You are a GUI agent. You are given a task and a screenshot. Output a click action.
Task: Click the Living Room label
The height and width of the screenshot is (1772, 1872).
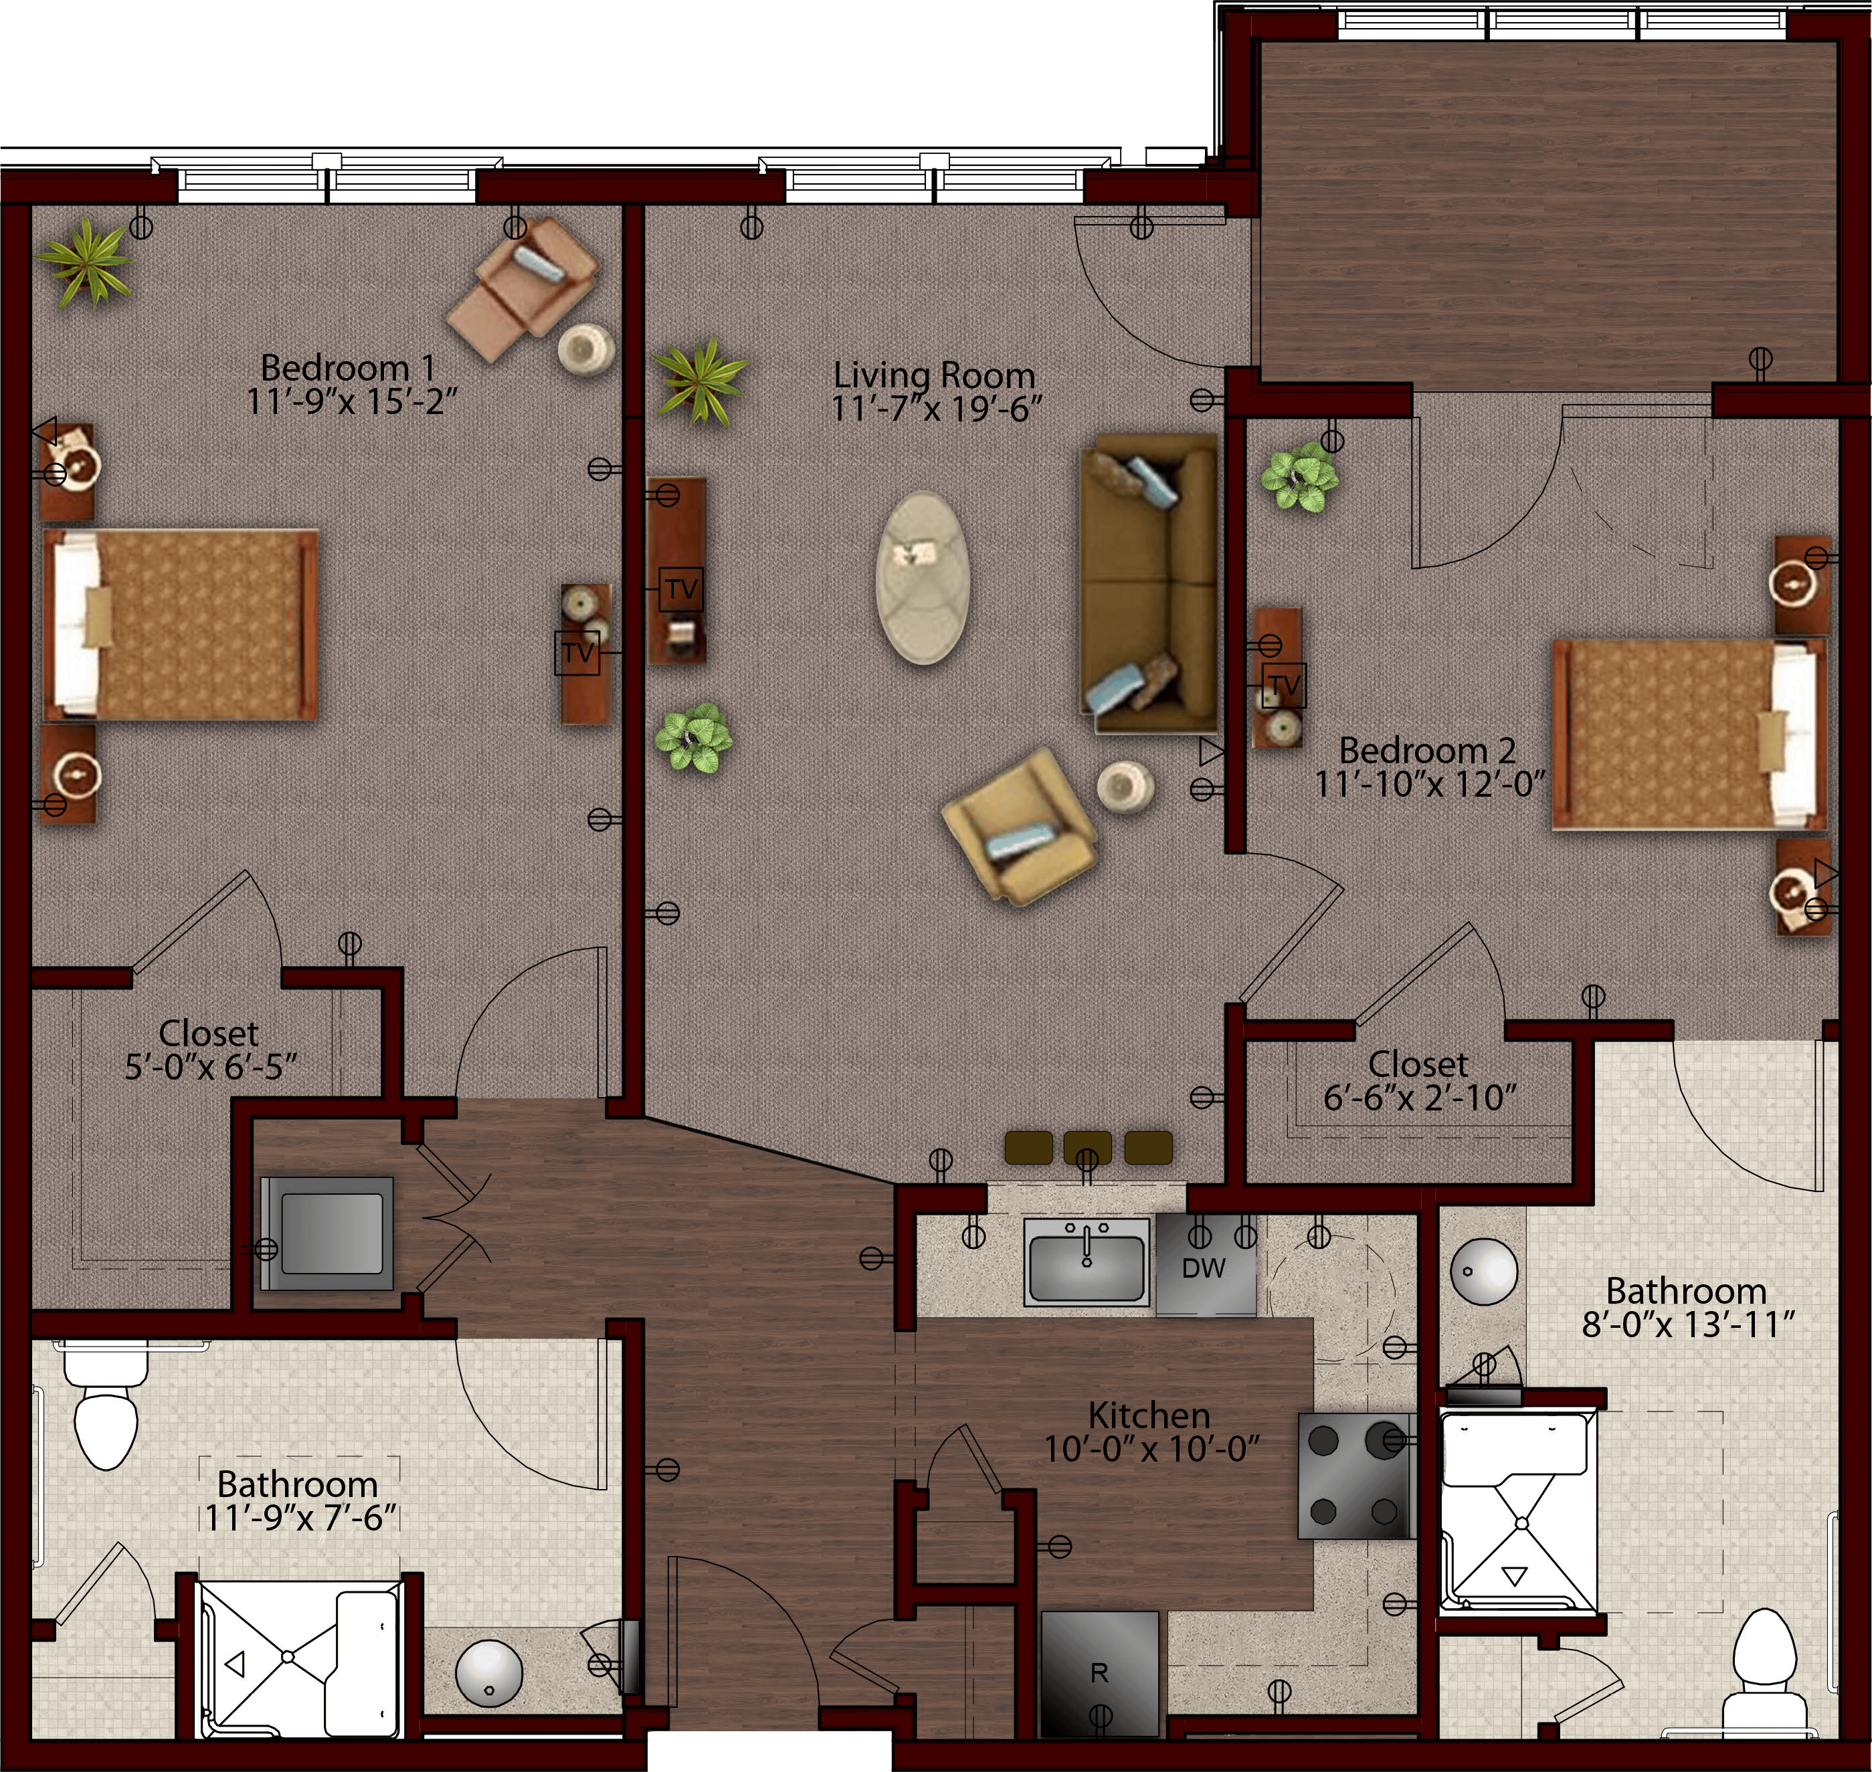click(933, 375)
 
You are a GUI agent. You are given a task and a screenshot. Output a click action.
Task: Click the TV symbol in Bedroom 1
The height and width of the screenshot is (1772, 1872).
click(577, 653)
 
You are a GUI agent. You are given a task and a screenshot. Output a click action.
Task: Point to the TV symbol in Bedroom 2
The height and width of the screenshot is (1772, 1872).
click(1284, 685)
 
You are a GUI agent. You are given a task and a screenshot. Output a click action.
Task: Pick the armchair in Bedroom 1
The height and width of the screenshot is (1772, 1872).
click(523, 288)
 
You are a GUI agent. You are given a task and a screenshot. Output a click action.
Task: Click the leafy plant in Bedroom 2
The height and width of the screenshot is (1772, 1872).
click(1300, 477)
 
